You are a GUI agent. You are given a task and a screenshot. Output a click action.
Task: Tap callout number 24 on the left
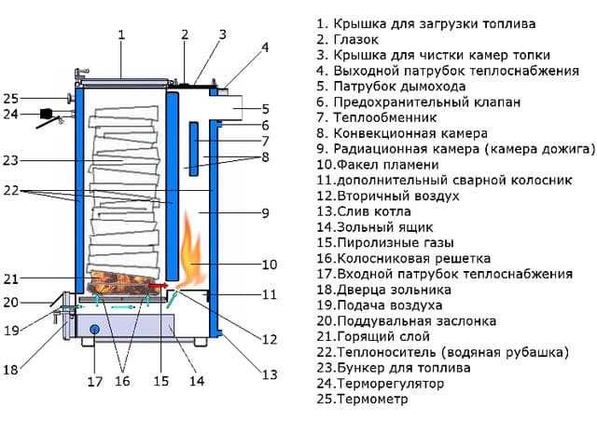pos(10,115)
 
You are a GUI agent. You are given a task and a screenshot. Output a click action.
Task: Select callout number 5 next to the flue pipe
pos(266,108)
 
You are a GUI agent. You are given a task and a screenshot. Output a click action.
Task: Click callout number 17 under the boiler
pos(93,381)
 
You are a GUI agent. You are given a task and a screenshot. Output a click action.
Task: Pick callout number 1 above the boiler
pos(121,35)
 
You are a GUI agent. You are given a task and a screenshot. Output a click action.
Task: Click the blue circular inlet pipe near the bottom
pos(92,329)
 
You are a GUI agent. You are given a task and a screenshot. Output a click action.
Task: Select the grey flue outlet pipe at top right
pos(237,110)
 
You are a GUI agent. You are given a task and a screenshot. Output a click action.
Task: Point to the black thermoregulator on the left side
pos(45,115)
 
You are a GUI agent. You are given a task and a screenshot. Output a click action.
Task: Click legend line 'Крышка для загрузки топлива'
pos(438,22)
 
